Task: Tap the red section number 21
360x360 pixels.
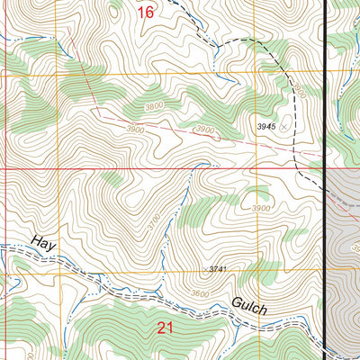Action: tap(165, 328)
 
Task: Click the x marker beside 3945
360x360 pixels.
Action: tap(285, 128)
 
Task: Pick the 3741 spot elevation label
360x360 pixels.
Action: tap(219, 270)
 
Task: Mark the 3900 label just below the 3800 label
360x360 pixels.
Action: tap(136, 130)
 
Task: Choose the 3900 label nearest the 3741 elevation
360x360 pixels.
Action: tap(261, 209)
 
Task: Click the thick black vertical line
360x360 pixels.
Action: tap(324, 180)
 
